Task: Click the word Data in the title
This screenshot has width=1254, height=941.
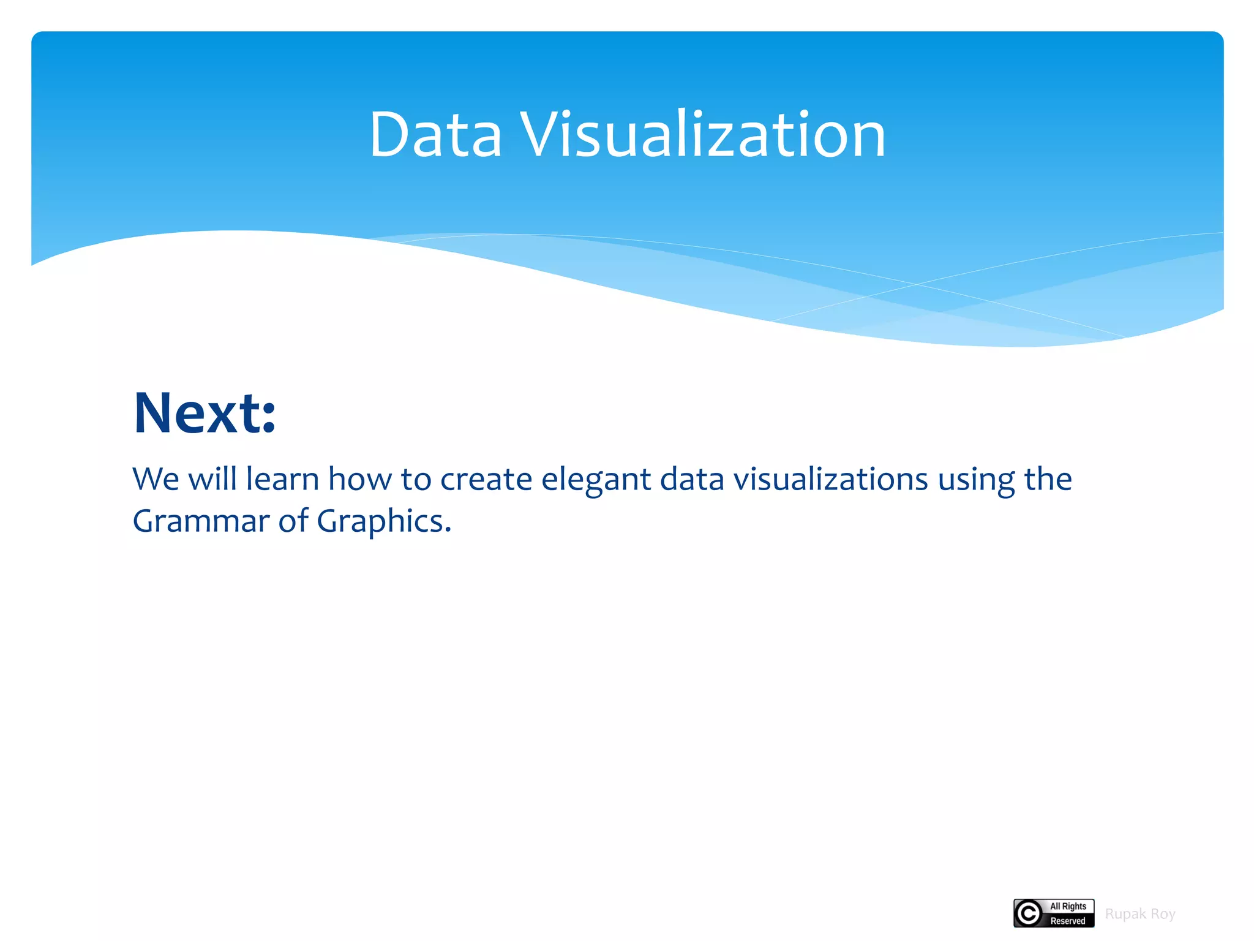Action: coord(435,135)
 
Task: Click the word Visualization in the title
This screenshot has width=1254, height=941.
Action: coord(702,135)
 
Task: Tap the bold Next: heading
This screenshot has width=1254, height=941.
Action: coord(205,413)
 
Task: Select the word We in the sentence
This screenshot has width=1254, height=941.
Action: coord(156,479)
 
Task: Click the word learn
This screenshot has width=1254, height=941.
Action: coord(282,479)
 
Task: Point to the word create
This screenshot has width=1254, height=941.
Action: coord(486,479)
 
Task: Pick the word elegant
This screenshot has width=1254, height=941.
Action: coord(595,480)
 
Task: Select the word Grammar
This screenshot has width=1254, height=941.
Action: coord(201,521)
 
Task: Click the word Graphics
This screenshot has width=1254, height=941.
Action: coord(383,521)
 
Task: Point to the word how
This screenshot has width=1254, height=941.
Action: coord(359,479)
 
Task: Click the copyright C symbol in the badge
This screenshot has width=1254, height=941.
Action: coord(1029,913)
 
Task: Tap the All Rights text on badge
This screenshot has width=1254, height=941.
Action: coord(1068,906)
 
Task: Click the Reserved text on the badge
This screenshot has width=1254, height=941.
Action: coord(1068,921)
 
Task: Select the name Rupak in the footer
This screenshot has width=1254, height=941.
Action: coord(1125,914)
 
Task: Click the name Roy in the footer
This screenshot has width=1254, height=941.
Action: coord(1163,914)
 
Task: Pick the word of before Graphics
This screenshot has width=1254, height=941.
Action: coord(293,521)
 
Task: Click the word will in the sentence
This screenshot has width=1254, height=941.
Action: coord(212,479)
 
